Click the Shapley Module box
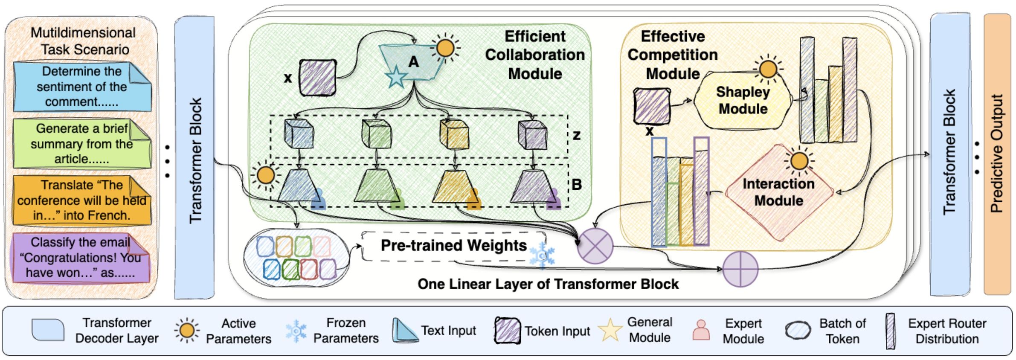(x=743, y=100)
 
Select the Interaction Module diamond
(x=779, y=192)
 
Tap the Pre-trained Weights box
(x=453, y=246)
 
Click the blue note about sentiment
(x=82, y=87)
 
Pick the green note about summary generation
(x=82, y=144)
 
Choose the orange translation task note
(x=82, y=200)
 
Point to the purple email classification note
(x=81, y=258)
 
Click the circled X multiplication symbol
(x=595, y=246)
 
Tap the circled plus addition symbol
(x=740, y=269)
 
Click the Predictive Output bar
(x=997, y=154)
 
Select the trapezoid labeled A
(x=412, y=62)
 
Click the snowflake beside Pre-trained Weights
(x=542, y=255)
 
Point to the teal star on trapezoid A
(x=396, y=77)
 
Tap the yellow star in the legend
(x=610, y=330)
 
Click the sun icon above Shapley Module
(x=768, y=69)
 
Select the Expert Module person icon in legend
(x=701, y=330)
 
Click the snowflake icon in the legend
(x=296, y=331)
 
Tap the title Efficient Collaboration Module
(x=535, y=55)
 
